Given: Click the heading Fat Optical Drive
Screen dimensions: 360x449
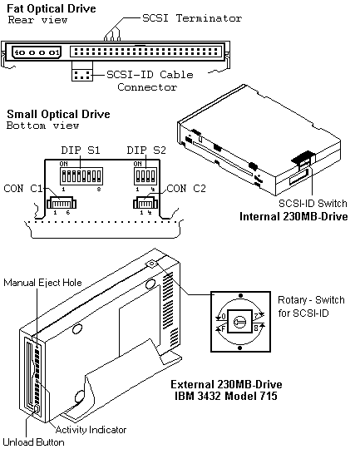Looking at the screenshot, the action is coord(52,8).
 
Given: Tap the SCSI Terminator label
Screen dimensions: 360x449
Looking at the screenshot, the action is coord(192,18).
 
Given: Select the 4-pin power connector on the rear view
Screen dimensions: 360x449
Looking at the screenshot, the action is coord(37,52).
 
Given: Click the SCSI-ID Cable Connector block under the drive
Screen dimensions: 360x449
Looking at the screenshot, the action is coord(82,75).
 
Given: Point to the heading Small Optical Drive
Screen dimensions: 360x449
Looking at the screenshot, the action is coord(58,114).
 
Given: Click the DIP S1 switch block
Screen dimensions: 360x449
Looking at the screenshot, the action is coord(81,176).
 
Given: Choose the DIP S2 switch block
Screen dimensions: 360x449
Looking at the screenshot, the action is coord(145,176).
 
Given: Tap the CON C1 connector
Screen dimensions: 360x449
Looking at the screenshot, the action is coord(62,203).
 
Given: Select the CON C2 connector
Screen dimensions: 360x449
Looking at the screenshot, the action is coord(145,203).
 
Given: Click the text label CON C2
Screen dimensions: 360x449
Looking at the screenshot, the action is coord(186,189).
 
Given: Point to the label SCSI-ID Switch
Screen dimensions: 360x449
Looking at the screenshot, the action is coord(313,204).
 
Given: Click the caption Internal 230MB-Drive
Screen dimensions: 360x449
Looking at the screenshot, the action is coord(293,216).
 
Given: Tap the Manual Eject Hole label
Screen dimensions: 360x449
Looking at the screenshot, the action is coord(42,283).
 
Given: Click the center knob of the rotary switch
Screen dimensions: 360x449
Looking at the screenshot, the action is coord(239,322).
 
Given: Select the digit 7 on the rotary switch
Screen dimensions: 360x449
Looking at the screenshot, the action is coord(256,317).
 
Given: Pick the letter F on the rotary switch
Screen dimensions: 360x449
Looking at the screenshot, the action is coord(224,328).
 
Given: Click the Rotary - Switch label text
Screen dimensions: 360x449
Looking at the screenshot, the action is coord(311,300).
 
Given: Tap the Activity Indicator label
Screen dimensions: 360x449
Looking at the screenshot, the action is coord(91,430).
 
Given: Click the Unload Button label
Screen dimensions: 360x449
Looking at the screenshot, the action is coord(33,442).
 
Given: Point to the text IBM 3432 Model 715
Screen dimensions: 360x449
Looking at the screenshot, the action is coord(226,396).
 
